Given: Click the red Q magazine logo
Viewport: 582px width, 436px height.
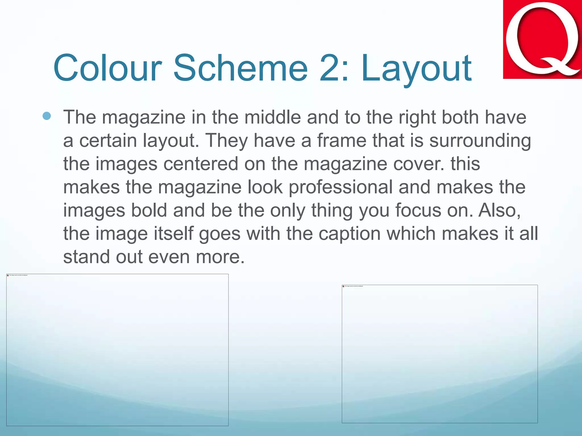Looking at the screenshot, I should tap(542, 39).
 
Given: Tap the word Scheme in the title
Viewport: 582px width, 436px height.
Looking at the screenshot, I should tap(240, 68).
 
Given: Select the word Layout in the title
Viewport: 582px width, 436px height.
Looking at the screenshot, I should tap(416, 68).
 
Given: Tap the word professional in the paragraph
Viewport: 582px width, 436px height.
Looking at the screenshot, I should tap(340, 187).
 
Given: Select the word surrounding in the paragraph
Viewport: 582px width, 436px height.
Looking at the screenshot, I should tap(480, 141).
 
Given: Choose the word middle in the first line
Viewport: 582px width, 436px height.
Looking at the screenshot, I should tap(273, 118).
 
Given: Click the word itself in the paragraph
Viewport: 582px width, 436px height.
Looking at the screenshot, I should tap(173, 234).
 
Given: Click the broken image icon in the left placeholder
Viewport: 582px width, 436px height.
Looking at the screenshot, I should tap(8, 275).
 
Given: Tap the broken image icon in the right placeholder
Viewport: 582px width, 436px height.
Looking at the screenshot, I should tap(343, 286).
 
